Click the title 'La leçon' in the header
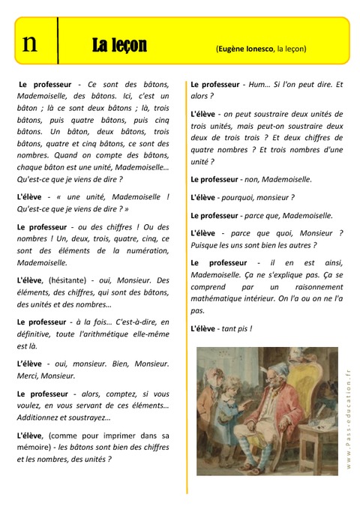pyautogui.click(x=119, y=47)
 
